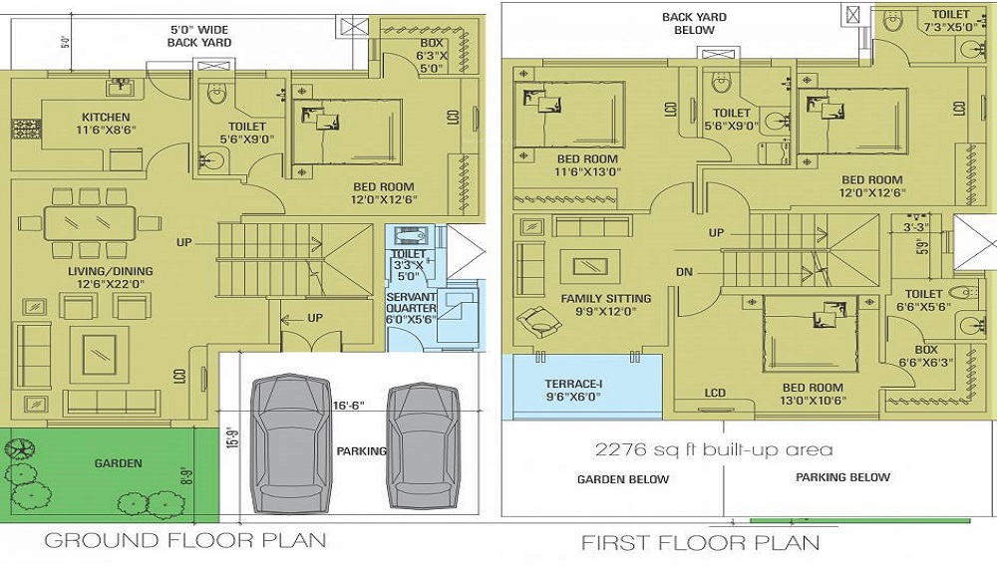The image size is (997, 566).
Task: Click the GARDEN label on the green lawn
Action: click(119, 463)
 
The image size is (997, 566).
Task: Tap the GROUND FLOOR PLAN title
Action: click(185, 541)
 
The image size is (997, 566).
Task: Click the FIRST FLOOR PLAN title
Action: click(701, 542)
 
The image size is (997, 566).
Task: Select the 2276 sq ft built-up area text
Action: click(713, 449)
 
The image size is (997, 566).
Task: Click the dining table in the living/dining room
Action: click(89, 223)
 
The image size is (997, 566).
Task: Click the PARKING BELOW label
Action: click(842, 477)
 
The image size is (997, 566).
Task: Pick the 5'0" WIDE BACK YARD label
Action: click(199, 36)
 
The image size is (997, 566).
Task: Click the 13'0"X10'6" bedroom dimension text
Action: click(813, 402)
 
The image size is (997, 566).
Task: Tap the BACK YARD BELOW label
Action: click(694, 23)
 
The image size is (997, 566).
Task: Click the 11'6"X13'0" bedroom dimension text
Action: click(586, 172)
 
